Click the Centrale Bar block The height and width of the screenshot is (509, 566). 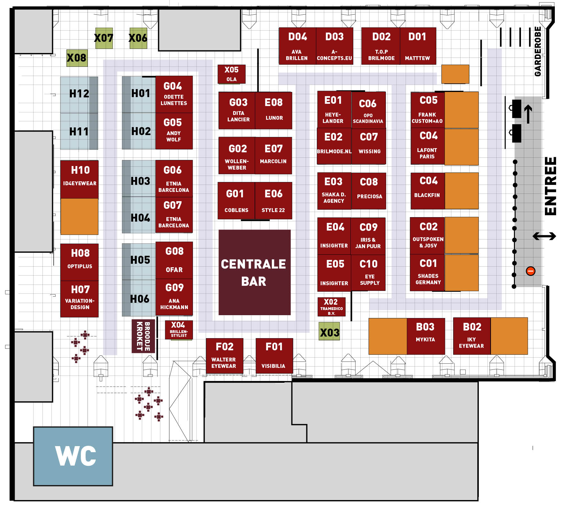click(254, 272)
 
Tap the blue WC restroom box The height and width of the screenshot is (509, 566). click(73, 456)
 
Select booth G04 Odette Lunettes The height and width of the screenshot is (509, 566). click(174, 94)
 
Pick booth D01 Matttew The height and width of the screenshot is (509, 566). click(417, 46)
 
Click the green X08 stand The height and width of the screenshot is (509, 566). click(77, 58)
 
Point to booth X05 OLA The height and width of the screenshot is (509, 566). click(231, 74)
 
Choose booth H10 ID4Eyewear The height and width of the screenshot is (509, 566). click(80, 179)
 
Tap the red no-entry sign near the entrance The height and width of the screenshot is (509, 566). click(531, 271)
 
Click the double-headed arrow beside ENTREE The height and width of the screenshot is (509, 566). click(544, 236)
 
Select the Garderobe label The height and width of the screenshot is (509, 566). click(538, 51)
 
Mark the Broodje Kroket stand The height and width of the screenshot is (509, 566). click(143, 336)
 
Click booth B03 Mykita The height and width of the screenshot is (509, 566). click(425, 336)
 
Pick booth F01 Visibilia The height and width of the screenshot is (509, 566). click(274, 355)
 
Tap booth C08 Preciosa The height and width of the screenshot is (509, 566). click(369, 191)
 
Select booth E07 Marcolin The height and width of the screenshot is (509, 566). click(273, 156)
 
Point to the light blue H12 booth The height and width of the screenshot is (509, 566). click(79, 95)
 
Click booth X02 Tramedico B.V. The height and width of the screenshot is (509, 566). click(331, 307)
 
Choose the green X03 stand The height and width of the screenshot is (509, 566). click(329, 332)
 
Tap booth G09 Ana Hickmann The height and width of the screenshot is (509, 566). click(174, 297)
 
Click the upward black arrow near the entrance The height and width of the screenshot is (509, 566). click(528, 114)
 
